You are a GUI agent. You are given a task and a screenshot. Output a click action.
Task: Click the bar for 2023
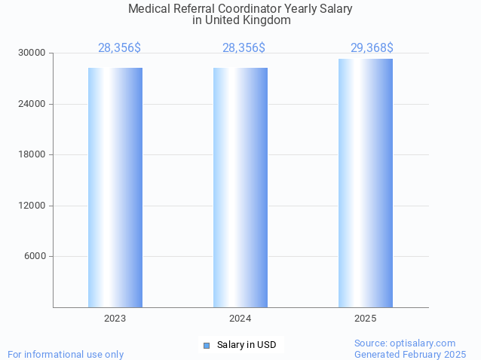[x=115, y=188]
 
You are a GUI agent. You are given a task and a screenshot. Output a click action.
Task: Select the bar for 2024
[x=240, y=188]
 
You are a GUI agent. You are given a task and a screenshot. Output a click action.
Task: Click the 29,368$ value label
[x=372, y=48]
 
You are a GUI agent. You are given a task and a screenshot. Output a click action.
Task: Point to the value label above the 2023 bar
[x=119, y=48]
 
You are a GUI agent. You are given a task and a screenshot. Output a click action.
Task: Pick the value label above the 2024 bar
[x=244, y=48]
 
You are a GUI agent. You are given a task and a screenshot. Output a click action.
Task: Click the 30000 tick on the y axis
[x=32, y=53]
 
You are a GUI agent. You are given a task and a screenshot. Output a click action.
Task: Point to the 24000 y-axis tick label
[x=32, y=104]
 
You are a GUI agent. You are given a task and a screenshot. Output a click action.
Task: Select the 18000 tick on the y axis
[x=32, y=155]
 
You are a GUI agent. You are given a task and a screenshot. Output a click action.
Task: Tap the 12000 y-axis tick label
[x=32, y=206]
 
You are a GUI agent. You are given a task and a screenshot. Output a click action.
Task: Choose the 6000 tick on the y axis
[x=35, y=257]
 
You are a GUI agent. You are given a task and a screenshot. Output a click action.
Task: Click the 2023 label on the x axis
[x=115, y=319]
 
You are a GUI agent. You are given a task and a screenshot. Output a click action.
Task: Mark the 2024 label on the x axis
[x=240, y=319]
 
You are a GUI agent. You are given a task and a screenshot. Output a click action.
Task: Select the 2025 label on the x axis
[x=366, y=319]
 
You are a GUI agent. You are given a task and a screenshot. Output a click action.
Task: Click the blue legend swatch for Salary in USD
[x=207, y=346]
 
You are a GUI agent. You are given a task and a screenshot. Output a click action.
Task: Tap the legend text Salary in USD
[x=247, y=346]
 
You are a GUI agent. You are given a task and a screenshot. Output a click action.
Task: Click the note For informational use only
[x=66, y=355]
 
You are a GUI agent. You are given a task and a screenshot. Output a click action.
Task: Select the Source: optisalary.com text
[x=405, y=343]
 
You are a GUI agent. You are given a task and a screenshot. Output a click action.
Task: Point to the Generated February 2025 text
[x=410, y=354]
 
